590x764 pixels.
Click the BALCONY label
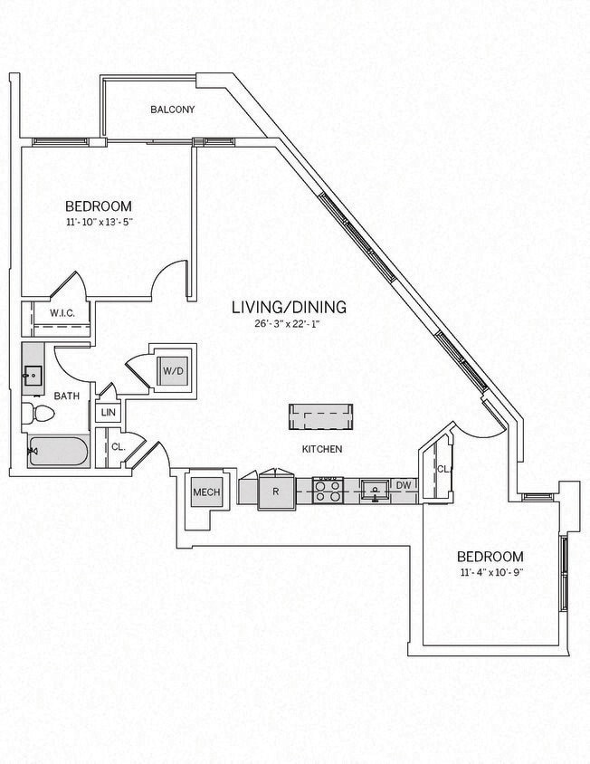point(172,110)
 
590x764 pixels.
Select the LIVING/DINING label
point(288,308)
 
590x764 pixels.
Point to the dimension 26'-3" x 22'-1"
point(288,323)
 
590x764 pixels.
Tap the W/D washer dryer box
point(172,369)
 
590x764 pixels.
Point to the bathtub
point(57,450)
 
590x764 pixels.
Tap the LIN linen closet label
point(108,412)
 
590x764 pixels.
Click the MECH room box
point(202,492)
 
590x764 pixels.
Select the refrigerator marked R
point(275,492)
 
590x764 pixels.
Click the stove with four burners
point(326,491)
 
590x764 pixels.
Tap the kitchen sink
point(372,491)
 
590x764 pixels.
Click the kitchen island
point(320,417)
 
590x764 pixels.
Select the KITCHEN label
point(321,449)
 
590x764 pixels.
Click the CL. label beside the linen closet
point(119,446)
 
